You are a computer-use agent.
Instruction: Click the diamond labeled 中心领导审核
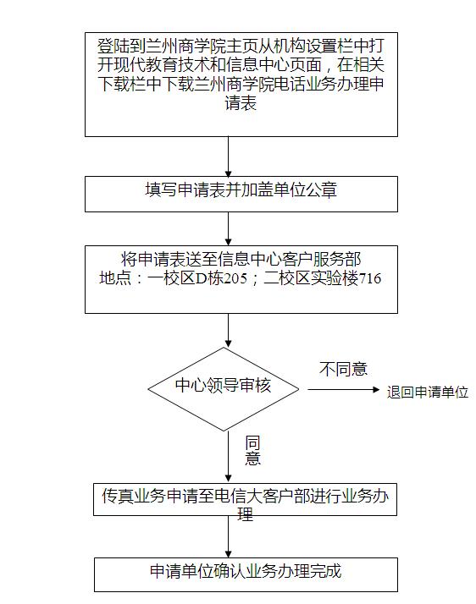tap(224, 389)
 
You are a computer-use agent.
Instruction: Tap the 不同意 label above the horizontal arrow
tap(343, 369)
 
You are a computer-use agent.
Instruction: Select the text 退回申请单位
tap(428, 393)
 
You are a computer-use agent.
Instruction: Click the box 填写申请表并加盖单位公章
tap(241, 195)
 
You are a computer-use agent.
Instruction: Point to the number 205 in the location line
tap(235, 278)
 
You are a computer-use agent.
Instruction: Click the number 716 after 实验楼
tap(370, 278)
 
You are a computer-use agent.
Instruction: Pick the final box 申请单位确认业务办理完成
tap(246, 574)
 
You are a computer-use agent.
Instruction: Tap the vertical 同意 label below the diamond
tap(252, 450)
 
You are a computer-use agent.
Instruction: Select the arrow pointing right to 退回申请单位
tap(344, 389)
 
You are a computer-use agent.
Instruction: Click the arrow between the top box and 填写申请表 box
tap(229, 156)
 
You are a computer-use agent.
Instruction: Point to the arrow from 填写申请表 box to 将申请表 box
tap(229, 228)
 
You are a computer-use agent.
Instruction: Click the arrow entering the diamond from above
tap(229, 330)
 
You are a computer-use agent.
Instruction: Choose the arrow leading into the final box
tap(229, 536)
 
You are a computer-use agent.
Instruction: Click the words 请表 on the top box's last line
tap(241, 103)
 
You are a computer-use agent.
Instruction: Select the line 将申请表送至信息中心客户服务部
tap(241, 259)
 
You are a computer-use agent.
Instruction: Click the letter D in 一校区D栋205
tap(202, 278)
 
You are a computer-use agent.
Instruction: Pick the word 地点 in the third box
tap(115, 278)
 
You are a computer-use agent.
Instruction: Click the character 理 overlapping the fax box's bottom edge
tap(246, 514)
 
